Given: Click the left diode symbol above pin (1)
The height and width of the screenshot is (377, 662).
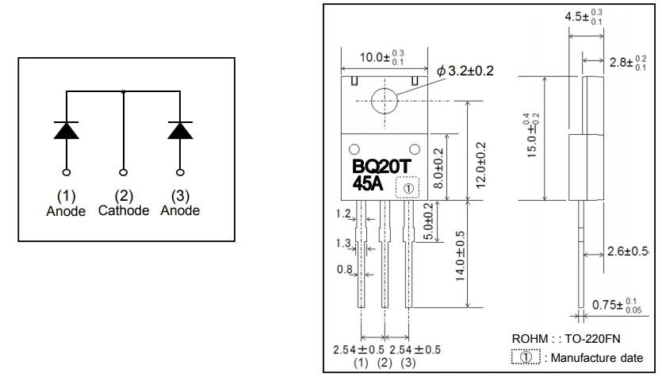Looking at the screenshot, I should pos(67,130).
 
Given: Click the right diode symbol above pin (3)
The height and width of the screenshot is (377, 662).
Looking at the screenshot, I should pos(180,130).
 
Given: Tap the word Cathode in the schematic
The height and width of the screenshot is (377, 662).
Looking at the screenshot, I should pos(124,211).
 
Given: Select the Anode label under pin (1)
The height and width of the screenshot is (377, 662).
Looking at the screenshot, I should pos(66,211).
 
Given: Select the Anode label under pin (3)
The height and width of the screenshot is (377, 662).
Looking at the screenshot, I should pos(180,211).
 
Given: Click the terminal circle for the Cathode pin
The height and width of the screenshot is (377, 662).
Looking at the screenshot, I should pos(124,172).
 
